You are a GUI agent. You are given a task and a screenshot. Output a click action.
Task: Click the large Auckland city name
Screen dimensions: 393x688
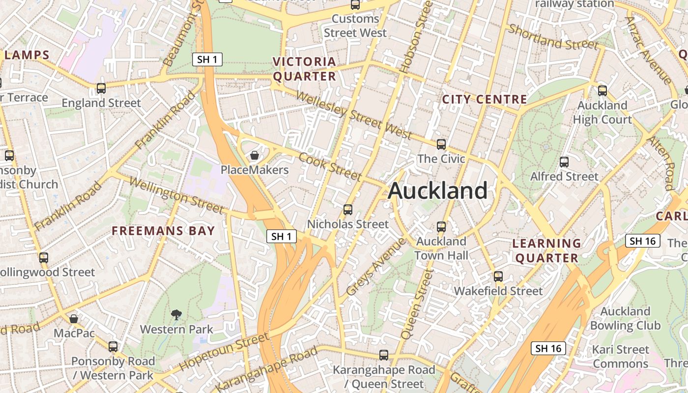[x=437, y=191]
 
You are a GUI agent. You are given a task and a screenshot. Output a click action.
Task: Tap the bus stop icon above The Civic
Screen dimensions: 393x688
[x=441, y=144]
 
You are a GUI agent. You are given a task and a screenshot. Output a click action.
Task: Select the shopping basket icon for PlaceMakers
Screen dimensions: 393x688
[x=255, y=156]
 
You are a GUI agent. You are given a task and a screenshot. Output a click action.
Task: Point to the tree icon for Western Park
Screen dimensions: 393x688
[x=176, y=314]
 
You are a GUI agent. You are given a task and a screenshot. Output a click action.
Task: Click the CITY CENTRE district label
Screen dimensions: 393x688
[x=485, y=99]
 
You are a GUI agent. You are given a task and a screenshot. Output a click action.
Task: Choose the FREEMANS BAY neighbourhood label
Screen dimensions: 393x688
[x=163, y=231]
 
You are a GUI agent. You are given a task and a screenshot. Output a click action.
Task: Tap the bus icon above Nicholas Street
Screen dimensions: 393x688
[x=348, y=210]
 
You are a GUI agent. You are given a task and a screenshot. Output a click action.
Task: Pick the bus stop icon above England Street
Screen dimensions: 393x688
[x=101, y=88]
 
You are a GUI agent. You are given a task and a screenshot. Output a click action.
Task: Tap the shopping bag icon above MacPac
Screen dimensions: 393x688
[x=74, y=319]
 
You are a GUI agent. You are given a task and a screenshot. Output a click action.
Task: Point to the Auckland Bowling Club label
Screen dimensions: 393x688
[x=625, y=318]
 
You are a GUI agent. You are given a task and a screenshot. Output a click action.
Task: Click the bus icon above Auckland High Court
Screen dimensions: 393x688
[x=602, y=91]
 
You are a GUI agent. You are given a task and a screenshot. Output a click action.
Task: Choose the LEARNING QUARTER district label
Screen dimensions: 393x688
[x=546, y=251]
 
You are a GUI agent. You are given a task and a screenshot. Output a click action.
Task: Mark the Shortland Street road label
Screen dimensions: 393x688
[x=554, y=37]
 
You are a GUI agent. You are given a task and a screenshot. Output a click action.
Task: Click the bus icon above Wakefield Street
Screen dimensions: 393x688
[x=498, y=277]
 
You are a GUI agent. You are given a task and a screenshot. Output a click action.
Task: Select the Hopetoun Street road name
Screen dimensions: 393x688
[x=224, y=352]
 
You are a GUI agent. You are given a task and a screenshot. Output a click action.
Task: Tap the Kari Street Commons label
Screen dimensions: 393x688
[x=620, y=357]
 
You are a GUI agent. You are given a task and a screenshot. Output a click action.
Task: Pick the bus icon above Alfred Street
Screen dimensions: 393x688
[x=564, y=162]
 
